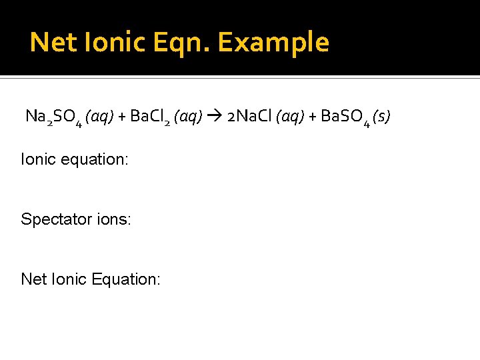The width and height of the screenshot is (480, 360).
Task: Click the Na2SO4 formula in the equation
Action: (53, 118)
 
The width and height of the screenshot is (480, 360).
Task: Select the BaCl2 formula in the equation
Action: (151, 118)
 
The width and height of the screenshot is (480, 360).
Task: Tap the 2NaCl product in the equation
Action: (249, 117)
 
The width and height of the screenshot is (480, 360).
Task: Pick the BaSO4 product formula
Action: (345, 118)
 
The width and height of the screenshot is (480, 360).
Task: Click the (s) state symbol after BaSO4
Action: (381, 117)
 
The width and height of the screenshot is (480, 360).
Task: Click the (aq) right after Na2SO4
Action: (99, 117)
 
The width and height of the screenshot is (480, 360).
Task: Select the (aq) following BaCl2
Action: (188, 117)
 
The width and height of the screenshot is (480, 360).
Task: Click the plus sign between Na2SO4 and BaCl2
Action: (122, 117)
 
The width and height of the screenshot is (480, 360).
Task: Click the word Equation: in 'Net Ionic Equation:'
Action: (126, 279)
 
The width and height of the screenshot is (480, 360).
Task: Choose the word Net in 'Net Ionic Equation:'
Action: (33, 279)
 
